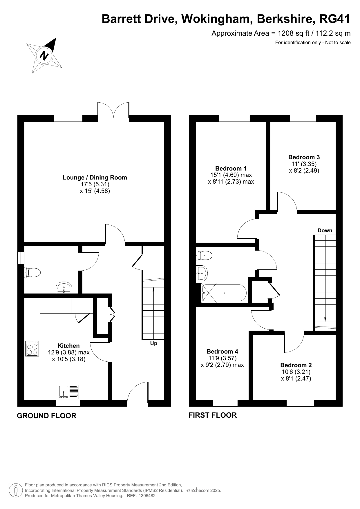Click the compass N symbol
point(44,55)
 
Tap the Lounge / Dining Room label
point(95,177)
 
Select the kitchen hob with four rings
point(32,349)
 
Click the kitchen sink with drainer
point(68,392)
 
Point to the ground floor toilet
point(32,272)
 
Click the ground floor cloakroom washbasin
point(64,287)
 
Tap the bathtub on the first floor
point(224,293)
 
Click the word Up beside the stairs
point(154,343)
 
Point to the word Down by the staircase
point(325,231)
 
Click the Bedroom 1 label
point(231,169)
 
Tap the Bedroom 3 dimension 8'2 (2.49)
point(304,171)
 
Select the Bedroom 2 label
point(296,365)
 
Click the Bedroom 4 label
point(222,352)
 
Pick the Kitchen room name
point(69,346)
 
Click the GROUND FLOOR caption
point(47,416)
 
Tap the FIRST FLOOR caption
point(213,415)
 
